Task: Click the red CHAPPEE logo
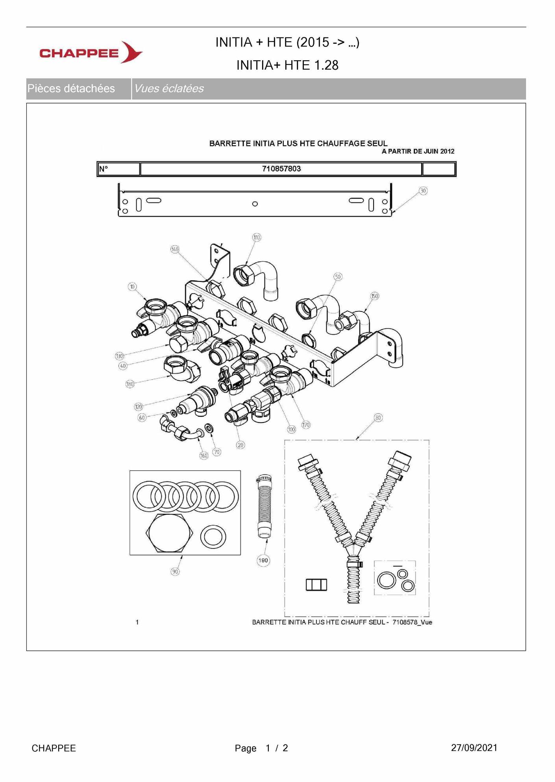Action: pos(91,52)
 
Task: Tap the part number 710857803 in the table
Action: pos(281,169)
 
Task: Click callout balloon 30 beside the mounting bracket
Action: pos(423,191)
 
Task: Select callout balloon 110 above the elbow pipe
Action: pos(257,237)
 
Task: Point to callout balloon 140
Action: pos(175,249)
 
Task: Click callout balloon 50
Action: pos(338,277)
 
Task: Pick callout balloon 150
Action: pos(374,296)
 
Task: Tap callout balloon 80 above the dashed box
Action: pos(378,417)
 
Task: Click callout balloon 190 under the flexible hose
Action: pos(263,560)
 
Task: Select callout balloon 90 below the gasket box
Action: pos(175,571)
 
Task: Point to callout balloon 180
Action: pos(130,384)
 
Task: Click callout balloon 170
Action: pos(306,424)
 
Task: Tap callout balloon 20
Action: pos(240,445)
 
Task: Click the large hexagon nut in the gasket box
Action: pos(170,533)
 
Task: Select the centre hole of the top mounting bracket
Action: pos(255,204)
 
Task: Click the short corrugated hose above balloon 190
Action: pos(264,506)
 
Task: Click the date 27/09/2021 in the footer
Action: pos(474,748)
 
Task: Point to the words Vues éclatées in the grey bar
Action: pos(169,89)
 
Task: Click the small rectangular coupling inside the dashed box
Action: pos(316,584)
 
